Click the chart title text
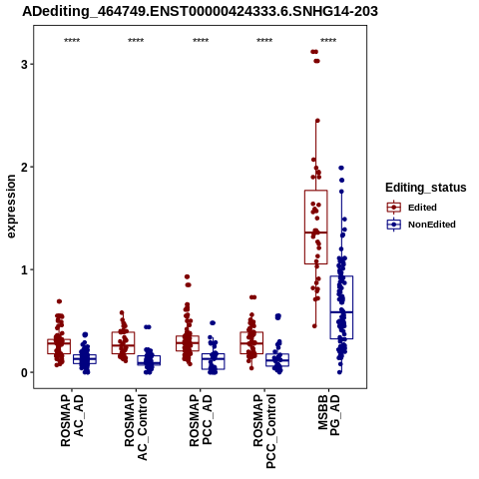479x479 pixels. tap(200, 12)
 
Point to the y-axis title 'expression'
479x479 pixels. tap(11, 207)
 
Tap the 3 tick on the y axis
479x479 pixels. tap(24, 64)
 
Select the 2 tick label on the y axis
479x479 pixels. tap(24, 167)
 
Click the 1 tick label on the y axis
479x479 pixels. tap(24, 269)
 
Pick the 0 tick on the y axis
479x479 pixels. tap(24, 372)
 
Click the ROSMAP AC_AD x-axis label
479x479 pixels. tap(72, 420)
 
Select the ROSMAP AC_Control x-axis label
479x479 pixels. tap(136, 427)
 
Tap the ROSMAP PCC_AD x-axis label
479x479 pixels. tap(201, 420)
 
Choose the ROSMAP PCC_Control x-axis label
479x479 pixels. tap(264, 431)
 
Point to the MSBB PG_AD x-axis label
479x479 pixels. tap(328, 415)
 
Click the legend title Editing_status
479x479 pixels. tap(426, 188)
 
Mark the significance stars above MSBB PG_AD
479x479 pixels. tap(328, 41)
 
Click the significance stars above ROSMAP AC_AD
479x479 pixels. tap(72, 41)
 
